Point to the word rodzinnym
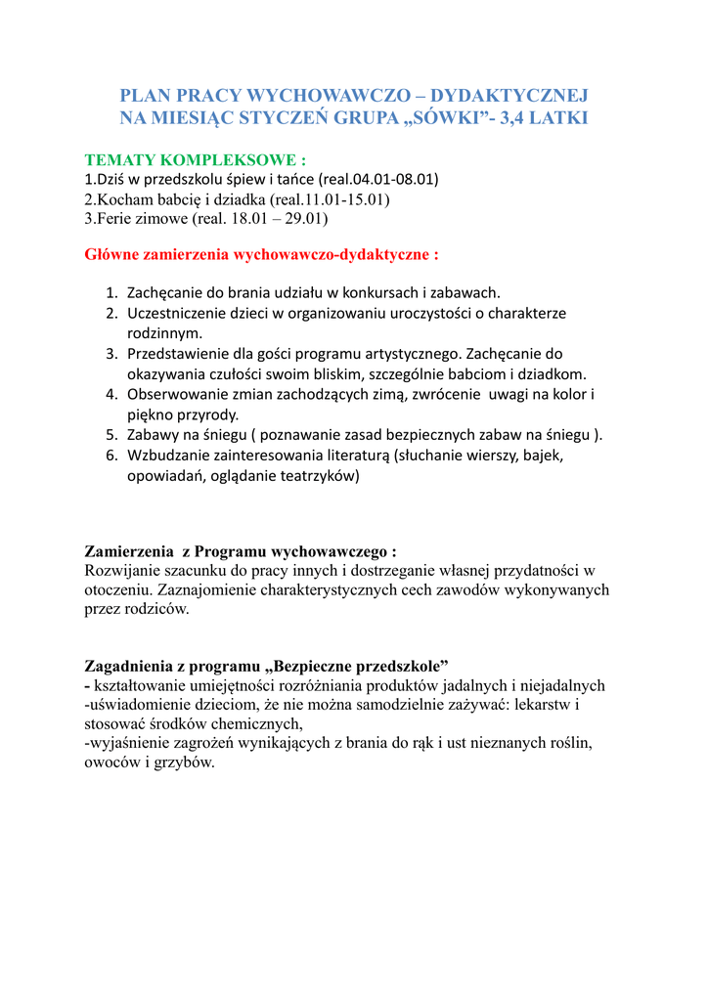[x=163, y=332]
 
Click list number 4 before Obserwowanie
[x=111, y=394]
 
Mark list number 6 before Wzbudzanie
[x=111, y=456]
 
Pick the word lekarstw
[x=553, y=704]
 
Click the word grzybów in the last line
[x=184, y=762]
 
